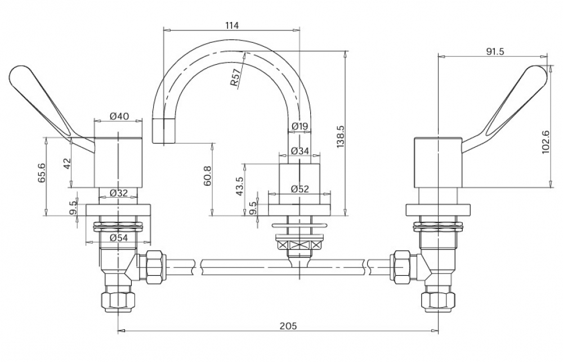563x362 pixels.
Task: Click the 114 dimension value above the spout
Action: click(x=231, y=25)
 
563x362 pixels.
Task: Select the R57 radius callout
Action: click(x=235, y=78)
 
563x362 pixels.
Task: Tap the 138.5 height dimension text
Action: click(x=341, y=137)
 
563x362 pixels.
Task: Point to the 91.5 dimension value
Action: click(x=495, y=52)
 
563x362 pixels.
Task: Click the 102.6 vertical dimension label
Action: click(x=546, y=142)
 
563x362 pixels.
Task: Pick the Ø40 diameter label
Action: click(x=119, y=117)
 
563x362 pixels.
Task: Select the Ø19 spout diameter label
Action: click(x=300, y=127)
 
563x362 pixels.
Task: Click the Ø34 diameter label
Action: click(x=300, y=151)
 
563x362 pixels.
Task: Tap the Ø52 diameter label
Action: click(x=300, y=189)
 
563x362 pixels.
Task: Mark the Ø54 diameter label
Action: click(x=118, y=238)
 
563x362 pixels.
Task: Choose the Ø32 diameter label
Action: click(x=118, y=193)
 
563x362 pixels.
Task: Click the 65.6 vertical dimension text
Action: click(x=42, y=173)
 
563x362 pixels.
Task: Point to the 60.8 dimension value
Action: click(x=207, y=176)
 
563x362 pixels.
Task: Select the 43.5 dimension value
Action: click(x=239, y=186)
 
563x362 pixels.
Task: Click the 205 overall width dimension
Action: click(x=288, y=326)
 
